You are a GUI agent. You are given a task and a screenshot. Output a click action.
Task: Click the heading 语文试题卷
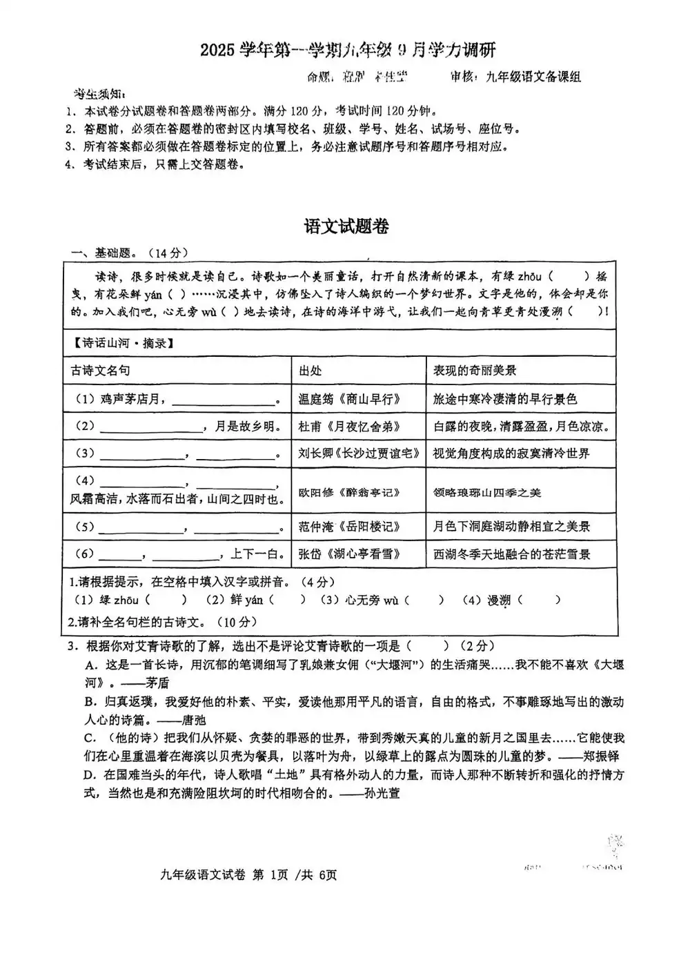click(346, 226)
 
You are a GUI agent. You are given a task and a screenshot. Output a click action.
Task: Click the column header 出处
click(310, 371)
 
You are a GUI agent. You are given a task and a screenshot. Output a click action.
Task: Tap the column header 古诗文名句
click(101, 371)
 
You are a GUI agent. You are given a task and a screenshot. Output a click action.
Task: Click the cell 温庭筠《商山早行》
click(349, 399)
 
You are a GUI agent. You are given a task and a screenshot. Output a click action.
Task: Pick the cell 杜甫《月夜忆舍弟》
click(349, 427)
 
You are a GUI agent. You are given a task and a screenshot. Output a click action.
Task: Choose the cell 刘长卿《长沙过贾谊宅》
click(358, 453)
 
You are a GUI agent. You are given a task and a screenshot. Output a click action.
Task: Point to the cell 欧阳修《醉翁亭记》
click(349, 492)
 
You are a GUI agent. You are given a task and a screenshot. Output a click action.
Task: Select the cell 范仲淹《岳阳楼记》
click(349, 527)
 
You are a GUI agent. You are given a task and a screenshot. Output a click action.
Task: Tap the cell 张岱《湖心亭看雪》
click(349, 554)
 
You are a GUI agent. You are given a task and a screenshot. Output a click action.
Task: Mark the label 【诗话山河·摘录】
click(119, 342)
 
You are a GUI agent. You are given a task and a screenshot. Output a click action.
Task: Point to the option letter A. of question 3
click(90, 665)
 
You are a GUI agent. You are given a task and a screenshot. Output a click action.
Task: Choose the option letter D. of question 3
click(89, 775)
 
